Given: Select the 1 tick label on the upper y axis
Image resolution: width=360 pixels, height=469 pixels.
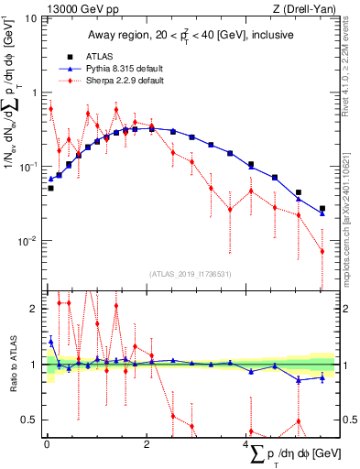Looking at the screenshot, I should (36, 93).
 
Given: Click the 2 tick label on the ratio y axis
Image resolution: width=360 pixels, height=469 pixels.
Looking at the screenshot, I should (36, 309).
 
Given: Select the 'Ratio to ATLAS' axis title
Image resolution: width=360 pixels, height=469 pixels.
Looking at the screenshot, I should (11, 364).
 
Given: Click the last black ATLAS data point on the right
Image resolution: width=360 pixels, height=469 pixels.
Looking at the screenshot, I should (322, 209).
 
